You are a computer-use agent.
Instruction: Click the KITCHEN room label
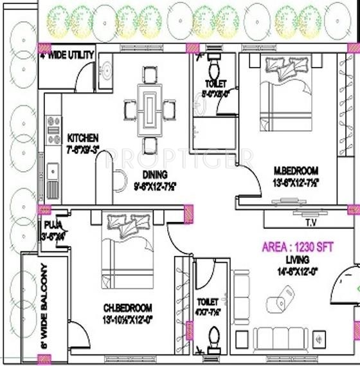pyautogui.click(x=83, y=138)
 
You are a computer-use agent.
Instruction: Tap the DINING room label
pyautogui.click(x=155, y=174)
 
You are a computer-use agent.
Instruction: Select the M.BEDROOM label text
pyautogui.click(x=296, y=170)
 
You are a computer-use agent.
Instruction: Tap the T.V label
pyautogui.click(x=310, y=224)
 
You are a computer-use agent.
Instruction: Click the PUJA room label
pyautogui.click(x=52, y=225)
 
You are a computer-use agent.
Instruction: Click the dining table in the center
pyautogui.click(x=150, y=109)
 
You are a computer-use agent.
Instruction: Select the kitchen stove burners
pyautogui.click(x=53, y=126)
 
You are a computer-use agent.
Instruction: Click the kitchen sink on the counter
pyautogui.click(x=53, y=172)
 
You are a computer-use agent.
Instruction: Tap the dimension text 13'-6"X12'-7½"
pyautogui.click(x=296, y=182)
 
